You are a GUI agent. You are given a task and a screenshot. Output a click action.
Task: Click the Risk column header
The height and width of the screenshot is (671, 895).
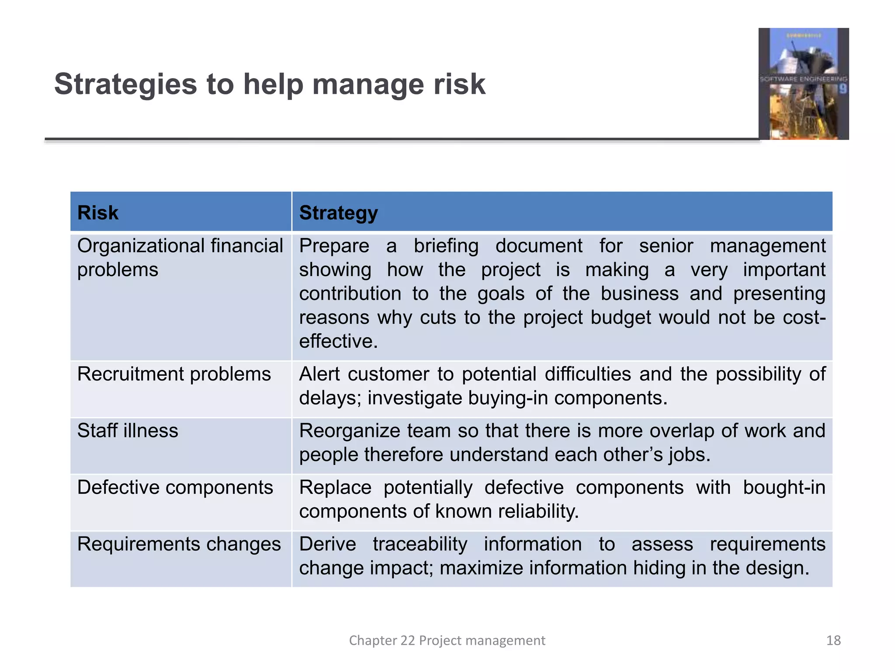pyautogui.click(x=97, y=213)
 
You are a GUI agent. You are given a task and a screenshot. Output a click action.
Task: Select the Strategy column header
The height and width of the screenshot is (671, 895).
pyautogui.click(x=338, y=213)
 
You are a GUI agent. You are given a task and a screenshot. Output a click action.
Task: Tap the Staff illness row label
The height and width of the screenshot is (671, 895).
pyautogui.click(x=128, y=431)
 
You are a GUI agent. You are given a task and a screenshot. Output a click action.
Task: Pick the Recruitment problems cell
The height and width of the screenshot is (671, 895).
pyautogui.click(x=174, y=374)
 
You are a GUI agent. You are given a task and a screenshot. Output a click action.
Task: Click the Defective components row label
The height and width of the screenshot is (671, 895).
pyautogui.click(x=175, y=488)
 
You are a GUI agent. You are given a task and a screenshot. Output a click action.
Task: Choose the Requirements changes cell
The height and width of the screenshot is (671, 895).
pyautogui.click(x=179, y=544)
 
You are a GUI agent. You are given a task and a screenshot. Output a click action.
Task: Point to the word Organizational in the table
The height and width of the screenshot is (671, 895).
pyautogui.click(x=141, y=246)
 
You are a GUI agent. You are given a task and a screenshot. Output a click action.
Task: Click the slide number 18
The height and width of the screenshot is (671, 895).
pyautogui.click(x=833, y=640)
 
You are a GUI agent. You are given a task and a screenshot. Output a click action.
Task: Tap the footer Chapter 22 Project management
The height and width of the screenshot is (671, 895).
pyautogui.click(x=447, y=640)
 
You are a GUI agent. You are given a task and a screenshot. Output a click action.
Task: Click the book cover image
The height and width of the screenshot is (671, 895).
pyautogui.click(x=803, y=84)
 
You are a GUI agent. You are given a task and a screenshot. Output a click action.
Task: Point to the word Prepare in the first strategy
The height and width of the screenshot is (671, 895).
pyautogui.click(x=334, y=246)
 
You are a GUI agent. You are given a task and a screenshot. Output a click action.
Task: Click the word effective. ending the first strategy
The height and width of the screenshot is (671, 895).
pyautogui.click(x=338, y=341)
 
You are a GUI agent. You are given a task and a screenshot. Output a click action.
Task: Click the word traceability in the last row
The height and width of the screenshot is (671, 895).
pyautogui.click(x=420, y=544)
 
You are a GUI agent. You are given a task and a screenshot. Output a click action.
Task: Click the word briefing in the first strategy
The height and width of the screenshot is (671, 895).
pyautogui.click(x=446, y=246)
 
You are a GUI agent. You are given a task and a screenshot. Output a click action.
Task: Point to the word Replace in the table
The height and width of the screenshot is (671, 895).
pyautogui.click(x=335, y=488)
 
